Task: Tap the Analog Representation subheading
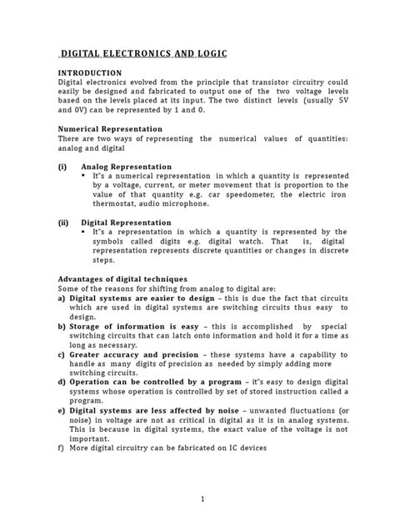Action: click(x=126, y=167)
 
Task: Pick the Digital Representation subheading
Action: click(x=126, y=223)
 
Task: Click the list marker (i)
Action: click(x=62, y=167)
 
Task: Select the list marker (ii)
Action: click(x=63, y=223)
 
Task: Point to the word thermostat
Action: click(x=105, y=204)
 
